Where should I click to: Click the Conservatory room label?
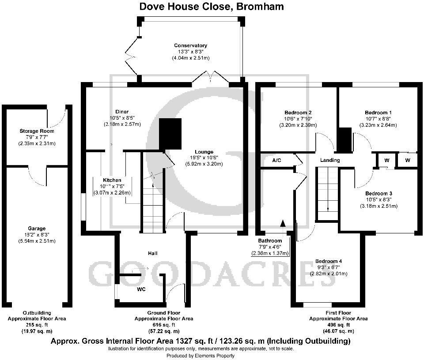point(190,45)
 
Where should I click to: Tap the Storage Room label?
point(37,131)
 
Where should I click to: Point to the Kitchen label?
point(112,180)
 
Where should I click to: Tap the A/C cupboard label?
point(277,160)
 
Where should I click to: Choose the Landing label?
point(330,160)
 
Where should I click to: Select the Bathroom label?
point(270,240)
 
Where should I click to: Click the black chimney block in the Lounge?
point(170,134)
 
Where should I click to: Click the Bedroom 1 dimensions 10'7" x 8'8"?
point(379,119)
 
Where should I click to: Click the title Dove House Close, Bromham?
point(212,7)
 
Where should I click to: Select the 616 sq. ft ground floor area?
point(163,325)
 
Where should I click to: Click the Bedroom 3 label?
point(379,194)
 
